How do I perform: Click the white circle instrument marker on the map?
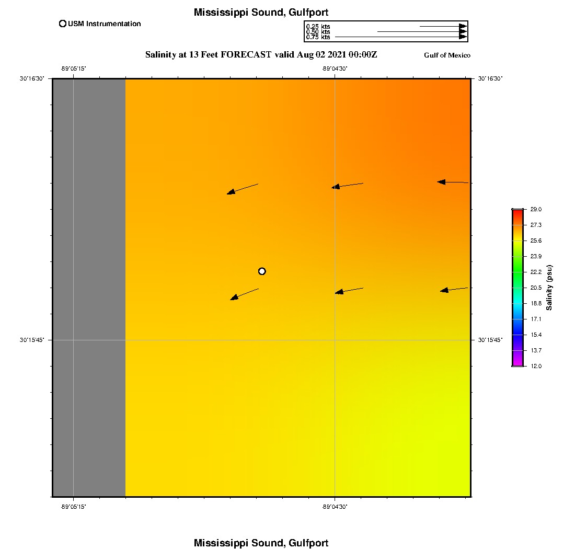tap(262, 271)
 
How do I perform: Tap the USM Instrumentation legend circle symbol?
tap(63, 24)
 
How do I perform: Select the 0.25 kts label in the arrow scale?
tap(318, 26)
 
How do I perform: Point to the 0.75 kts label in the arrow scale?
tap(318, 37)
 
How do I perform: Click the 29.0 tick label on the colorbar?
tap(536, 209)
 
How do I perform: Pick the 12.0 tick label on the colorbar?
tap(536, 366)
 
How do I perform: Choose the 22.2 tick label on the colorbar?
tap(536, 272)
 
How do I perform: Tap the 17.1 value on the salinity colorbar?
tap(536, 319)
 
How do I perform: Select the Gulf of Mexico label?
tap(447, 55)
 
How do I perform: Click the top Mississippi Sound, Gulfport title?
tap(261, 13)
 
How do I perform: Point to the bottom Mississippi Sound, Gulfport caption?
tap(261, 543)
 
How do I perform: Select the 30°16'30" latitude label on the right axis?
tap(490, 78)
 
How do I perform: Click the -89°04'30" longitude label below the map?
tap(335, 507)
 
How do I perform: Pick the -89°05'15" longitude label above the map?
tap(73, 68)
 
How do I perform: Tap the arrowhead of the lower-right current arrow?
tap(444, 290)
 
